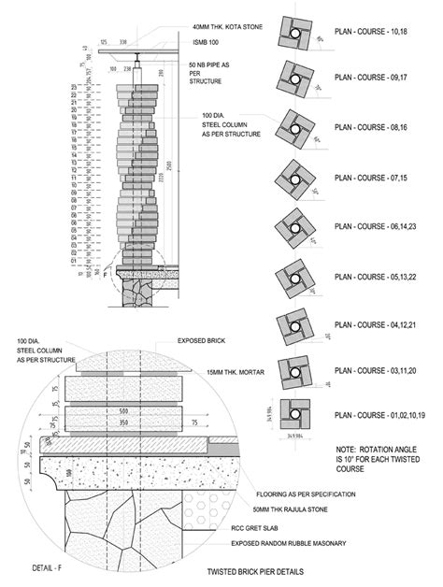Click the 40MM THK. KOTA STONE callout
click(228, 27)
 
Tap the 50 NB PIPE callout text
click(207, 73)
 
